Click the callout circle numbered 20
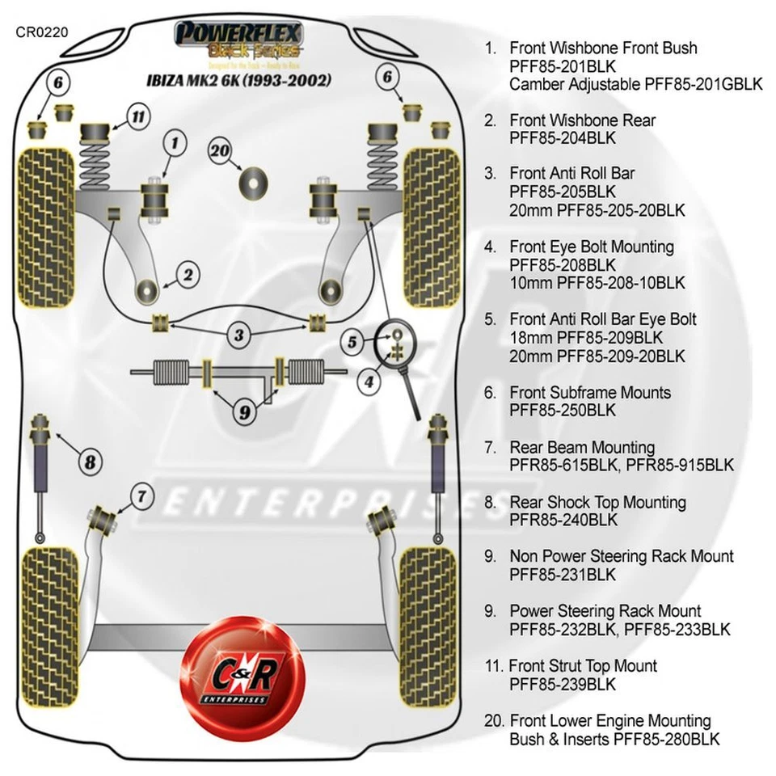[x=221, y=150]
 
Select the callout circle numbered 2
[x=188, y=276]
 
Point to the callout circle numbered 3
[x=239, y=334]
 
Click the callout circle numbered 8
[x=91, y=462]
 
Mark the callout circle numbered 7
[x=141, y=496]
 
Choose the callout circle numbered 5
[x=352, y=343]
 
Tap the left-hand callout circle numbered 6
[x=59, y=82]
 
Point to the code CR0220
[x=42, y=33]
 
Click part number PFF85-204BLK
[x=563, y=138]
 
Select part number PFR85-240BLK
[x=563, y=520]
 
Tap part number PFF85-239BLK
[x=563, y=684]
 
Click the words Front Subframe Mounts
[x=590, y=393]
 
